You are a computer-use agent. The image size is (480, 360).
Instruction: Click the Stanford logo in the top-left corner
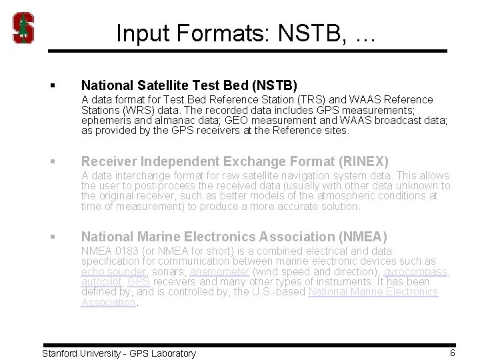pos(24,28)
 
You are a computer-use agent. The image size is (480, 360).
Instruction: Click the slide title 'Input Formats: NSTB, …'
pos(246,33)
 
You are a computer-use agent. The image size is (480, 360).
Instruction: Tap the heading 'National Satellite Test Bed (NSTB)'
pos(189,85)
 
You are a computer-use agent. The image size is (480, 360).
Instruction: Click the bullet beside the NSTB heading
pos(51,86)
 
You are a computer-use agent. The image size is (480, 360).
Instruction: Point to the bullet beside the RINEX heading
pos(51,161)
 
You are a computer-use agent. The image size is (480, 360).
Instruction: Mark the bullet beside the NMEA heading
pos(51,237)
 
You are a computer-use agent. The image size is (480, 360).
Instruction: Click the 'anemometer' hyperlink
pos(219,272)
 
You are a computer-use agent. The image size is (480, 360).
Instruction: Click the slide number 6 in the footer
pos(452,353)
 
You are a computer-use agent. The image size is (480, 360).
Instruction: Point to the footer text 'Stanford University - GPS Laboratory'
pos(119,353)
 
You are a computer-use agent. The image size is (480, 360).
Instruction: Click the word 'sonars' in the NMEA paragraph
pos(169,272)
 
